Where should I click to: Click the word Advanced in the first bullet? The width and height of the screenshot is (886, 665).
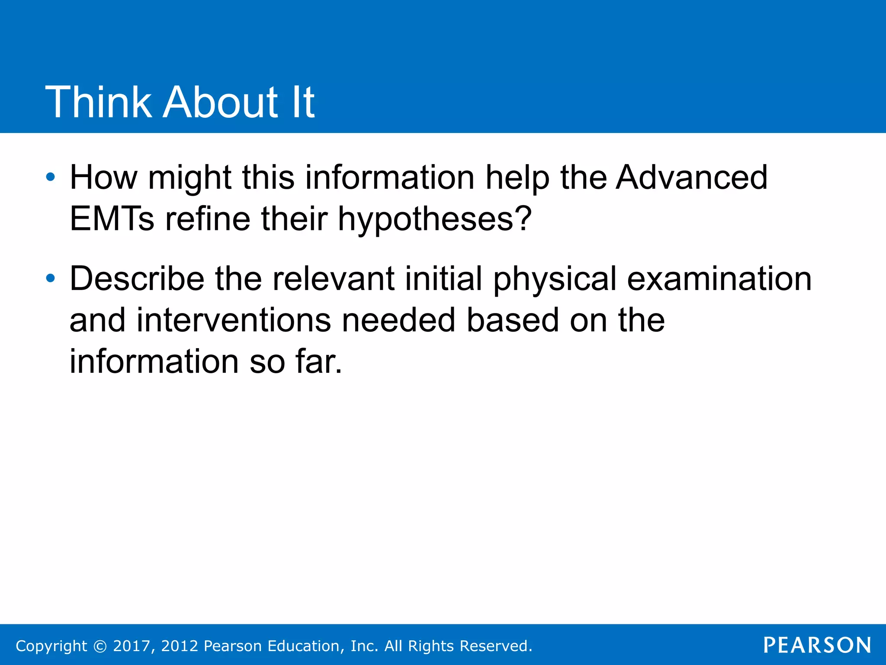(691, 178)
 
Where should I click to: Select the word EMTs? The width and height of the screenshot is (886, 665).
(112, 219)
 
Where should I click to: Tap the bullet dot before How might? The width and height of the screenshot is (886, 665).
(51, 177)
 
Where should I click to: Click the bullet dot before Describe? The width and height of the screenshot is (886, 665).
(51, 278)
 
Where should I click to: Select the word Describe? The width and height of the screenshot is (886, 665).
(137, 278)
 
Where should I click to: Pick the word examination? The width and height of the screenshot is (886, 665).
(719, 278)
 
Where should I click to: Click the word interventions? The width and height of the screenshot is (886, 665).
(234, 320)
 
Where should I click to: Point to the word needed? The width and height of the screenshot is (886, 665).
(398, 320)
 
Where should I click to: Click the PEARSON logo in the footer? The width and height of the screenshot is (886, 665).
(817, 645)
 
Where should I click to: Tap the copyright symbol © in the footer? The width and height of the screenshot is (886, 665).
(100, 646)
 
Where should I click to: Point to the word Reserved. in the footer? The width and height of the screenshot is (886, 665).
(496, 646)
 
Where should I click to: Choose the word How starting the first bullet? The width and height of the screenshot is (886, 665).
(103, 178)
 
